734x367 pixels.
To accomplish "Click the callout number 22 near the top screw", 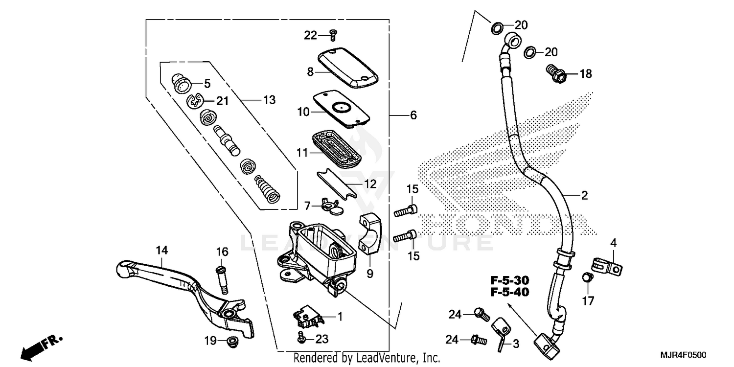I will (310, 35).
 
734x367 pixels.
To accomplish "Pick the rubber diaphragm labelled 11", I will (336, 147).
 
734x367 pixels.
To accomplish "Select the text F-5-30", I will (510, 280).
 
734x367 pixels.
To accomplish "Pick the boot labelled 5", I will (183, 83).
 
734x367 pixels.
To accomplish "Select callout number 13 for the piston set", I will (269, 100).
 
